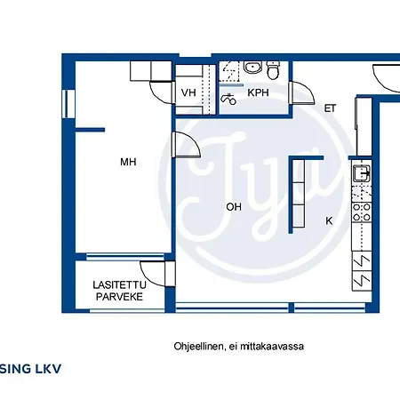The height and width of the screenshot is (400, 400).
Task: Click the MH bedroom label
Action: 128,162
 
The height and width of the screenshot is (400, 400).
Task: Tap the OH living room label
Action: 234,207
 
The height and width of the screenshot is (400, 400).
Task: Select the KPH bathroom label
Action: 258,92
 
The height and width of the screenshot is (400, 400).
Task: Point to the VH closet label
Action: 188,92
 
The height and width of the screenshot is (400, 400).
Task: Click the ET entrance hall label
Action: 330,108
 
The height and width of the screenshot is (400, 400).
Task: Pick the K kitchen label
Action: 329,220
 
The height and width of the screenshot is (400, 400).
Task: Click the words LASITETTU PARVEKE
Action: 119,291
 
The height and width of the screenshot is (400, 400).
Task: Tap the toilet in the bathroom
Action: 273,70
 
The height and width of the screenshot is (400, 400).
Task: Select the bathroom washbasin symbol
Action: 252,68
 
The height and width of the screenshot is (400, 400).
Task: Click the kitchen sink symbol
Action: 362,173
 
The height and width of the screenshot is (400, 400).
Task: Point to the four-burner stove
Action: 362,212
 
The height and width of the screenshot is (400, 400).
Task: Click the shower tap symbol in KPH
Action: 228,99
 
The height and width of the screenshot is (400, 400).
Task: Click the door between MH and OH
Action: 188,145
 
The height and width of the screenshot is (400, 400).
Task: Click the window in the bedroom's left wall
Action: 68,104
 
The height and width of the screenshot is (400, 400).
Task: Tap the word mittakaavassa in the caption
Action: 272,347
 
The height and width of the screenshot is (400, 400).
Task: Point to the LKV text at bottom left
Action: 48,369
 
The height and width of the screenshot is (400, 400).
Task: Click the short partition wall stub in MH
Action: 91,130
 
